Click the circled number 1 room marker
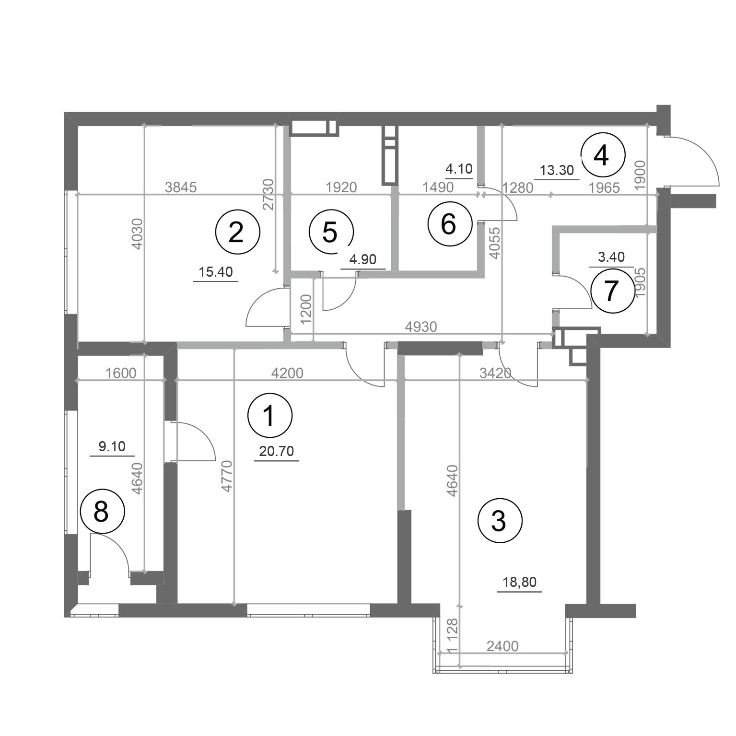click(270, 415)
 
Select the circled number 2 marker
click(237, 233)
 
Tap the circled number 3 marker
click(499, 520)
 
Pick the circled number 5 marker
click(331, 233)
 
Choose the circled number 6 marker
click(449, 224)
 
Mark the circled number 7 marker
click(612, 291)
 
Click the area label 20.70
click(277, 451)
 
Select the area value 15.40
click(216, 272)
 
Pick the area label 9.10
click(112, 447)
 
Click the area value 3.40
click(611, 257)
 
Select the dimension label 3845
click(180, 187)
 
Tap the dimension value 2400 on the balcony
click(502, 646)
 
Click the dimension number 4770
click(227, 476)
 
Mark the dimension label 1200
click(306, 307)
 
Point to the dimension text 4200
click(287, 373)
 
